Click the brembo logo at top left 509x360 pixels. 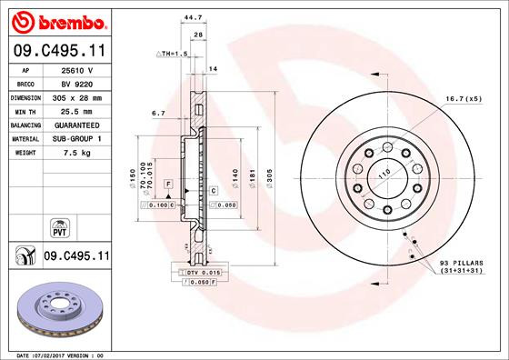point(55,19)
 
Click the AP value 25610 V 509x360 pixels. point(78,70)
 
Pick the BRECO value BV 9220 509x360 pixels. point(78,83)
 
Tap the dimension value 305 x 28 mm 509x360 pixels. point(78,95)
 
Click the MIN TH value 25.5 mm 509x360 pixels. point(78,109)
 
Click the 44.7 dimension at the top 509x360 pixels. point(192,17)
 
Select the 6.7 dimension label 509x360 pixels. point(157,114)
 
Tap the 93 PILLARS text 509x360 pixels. point(460,264)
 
